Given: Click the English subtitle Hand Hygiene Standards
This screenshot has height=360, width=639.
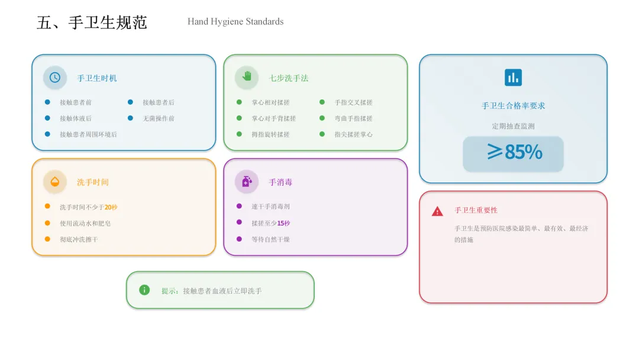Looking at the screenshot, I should coord(235,22).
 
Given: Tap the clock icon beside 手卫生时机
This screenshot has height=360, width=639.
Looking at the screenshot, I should coord(55,78).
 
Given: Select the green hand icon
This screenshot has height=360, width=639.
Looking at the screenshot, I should coord(247,77).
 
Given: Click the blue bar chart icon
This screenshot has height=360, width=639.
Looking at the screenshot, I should coord(513,78).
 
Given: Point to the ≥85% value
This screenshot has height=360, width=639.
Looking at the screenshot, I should coord(514,153).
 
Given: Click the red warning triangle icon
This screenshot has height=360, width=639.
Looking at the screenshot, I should coord(437,211).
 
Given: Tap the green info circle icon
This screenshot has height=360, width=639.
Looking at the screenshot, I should coord(144,290).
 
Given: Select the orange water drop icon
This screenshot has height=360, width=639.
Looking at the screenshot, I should coord(55,182).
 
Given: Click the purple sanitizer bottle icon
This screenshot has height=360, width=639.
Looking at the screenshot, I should coord(247,182).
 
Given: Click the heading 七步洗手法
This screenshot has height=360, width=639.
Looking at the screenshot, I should coord(289,78).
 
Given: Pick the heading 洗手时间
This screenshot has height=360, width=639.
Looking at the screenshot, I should coord(93,182).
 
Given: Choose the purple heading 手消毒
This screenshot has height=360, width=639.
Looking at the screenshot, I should coord(280,182).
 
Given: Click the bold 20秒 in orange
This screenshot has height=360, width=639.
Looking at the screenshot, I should coord(111,207).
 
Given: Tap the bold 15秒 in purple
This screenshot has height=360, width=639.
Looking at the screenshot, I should coord(284,223).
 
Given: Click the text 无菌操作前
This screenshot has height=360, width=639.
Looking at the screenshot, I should coord(159,118).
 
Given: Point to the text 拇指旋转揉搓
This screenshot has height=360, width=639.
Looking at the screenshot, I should coord(270,134).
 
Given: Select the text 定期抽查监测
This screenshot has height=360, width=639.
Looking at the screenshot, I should coord(513,126).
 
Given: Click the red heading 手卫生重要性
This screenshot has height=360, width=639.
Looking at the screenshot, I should coord(476,210).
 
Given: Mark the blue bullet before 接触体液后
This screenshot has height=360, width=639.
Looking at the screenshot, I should coord(47,118).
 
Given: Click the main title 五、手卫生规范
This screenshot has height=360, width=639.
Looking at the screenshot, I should coord(92,23).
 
